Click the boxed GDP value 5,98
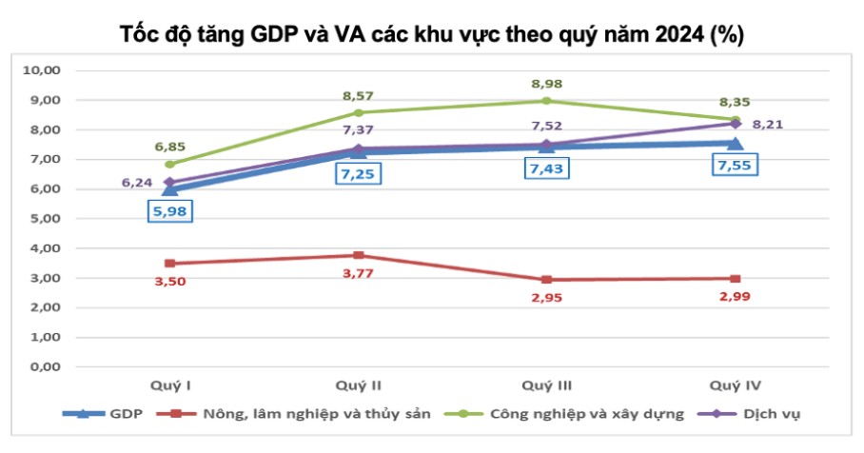[169, 210]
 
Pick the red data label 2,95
[545, 298]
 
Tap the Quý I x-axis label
[171, 384]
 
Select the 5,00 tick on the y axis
[42, 219]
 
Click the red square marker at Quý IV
[735, 279]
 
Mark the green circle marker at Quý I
[170, 164]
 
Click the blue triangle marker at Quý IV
[735, 144]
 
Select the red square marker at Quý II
[358, 255]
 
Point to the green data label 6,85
[169, 147]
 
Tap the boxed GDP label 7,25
[358, 175]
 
